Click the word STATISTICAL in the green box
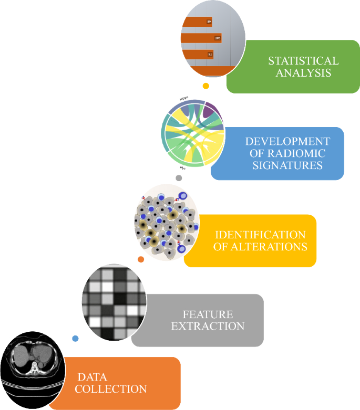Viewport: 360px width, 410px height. click(x=303, y=60)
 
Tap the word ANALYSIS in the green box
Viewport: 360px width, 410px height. click(x=303, y=73)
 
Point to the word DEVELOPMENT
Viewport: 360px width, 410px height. click(x=287, y=141)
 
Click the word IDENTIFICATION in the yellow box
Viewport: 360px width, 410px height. click(x=260, y=235)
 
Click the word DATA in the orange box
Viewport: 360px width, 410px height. click(x=92, y=377)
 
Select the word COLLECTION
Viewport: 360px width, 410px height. click(x=110, y=389)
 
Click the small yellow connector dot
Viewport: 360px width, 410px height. click(x=206, y=86)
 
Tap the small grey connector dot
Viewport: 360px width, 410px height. click(x=179, y=178)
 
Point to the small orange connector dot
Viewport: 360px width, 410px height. click(x=140, y=259)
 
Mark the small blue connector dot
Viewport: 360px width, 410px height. click(x=75, y=339)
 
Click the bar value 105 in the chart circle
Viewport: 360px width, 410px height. click(x=217, y=38)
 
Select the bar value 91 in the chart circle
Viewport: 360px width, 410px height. click(x=210, y=55)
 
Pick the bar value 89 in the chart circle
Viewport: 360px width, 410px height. click(x=209, y=22)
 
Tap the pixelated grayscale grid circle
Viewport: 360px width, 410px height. click(x=113, y=302)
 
